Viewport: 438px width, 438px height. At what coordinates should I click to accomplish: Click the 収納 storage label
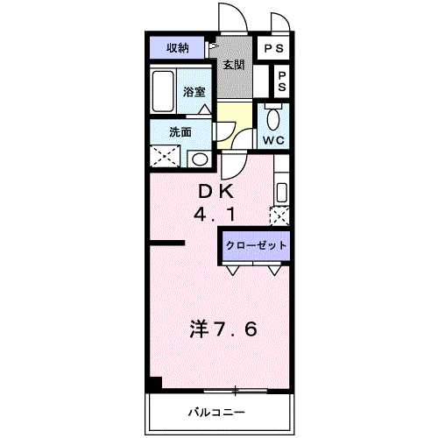point(178,48)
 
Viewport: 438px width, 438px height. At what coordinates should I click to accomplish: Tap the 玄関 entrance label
point(234,65)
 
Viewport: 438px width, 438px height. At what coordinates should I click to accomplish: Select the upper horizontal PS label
point(273,48)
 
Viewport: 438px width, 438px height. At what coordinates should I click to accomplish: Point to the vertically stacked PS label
point(282,81)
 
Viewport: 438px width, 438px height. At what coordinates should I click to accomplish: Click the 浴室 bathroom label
point(194,92)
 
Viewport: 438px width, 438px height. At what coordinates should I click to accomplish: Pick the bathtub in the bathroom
point(163,91)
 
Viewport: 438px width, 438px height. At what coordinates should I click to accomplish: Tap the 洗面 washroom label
point(180,132)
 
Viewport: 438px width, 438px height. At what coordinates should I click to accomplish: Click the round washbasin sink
point(200,159)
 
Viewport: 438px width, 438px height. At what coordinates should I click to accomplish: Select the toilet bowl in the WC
point(273,119)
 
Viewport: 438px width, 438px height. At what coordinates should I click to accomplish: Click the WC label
point(273,140)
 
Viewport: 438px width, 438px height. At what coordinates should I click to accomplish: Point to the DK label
point(216,192)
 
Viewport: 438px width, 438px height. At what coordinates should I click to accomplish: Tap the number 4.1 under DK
point(215,215)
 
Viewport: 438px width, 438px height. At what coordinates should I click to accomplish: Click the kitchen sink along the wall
point(282,193)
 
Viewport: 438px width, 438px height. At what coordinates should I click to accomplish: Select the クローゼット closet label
point(256,245)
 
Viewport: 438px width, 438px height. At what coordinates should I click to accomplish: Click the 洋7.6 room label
point(223,328)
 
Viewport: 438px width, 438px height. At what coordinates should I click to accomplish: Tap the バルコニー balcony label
point(216,413)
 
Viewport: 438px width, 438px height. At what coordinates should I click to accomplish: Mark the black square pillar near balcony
point(156,383)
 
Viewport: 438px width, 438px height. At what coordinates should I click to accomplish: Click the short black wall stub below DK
point(167,243)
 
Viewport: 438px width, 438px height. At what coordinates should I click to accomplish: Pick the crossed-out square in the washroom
point(165,157)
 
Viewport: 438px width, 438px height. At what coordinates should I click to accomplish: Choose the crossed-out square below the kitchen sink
point(279,215)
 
